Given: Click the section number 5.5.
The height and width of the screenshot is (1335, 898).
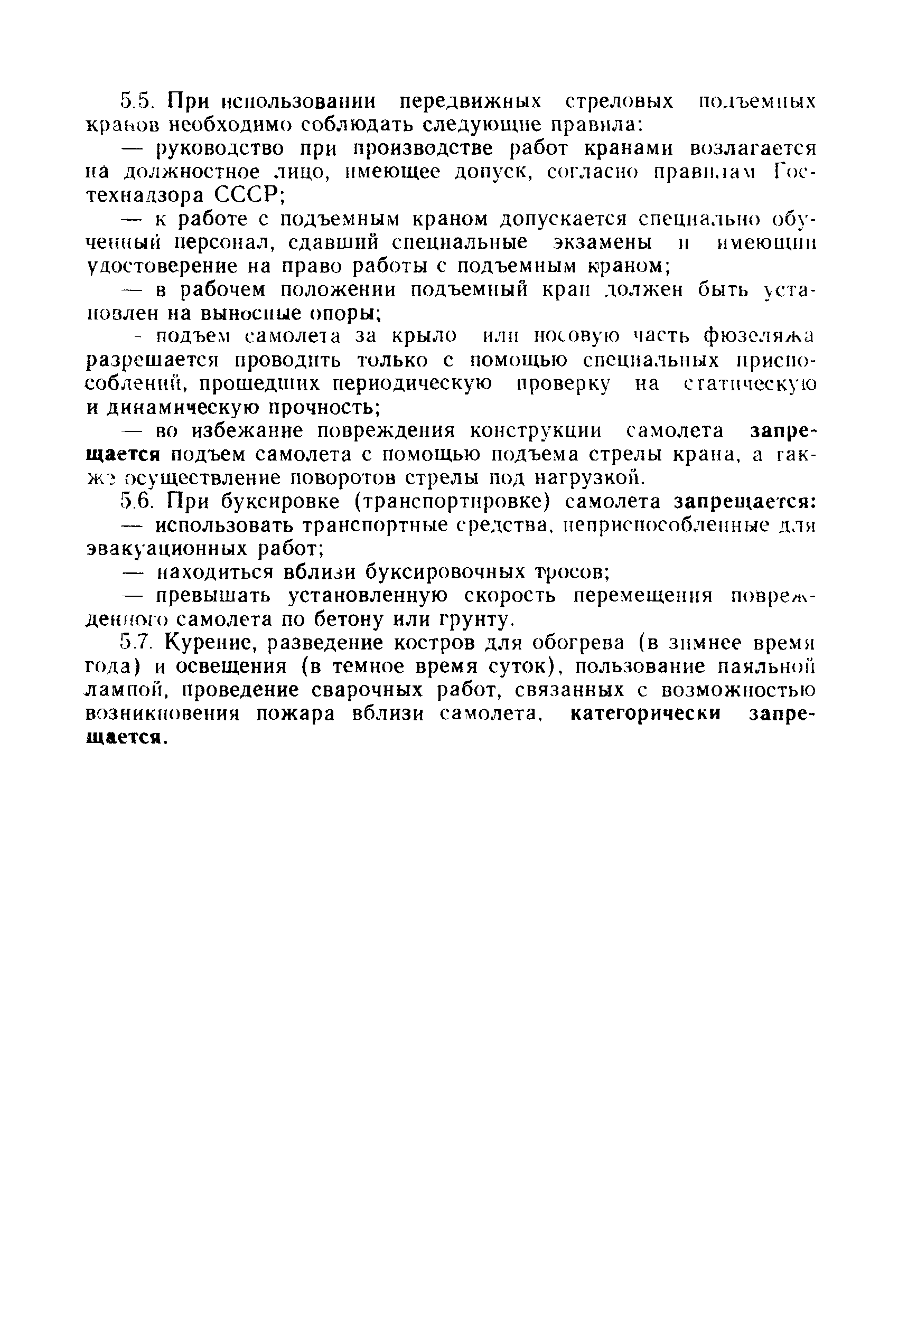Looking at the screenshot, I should (136, 101).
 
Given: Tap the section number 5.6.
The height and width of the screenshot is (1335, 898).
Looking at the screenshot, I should (136, 501).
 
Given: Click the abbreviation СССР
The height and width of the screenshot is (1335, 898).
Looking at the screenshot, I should (249, 195).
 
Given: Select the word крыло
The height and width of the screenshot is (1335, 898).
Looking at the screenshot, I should (425, 336).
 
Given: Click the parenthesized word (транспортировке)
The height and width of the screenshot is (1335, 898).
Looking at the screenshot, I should (453, 502).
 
